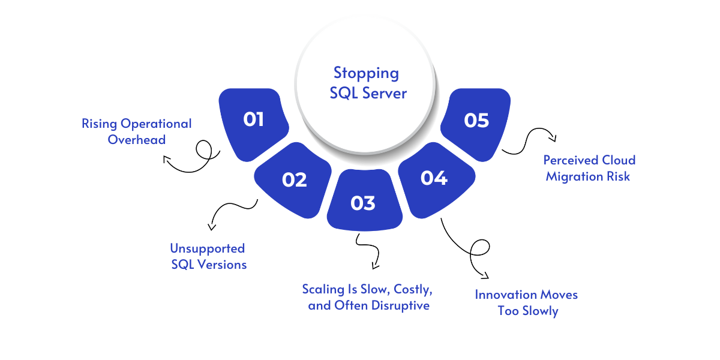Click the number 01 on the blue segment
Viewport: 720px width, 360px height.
coord(253,119)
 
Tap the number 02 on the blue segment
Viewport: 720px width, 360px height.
coord(294,179)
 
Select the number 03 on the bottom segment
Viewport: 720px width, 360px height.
coord(363,203)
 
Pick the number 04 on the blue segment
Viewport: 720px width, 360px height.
coord(434,178)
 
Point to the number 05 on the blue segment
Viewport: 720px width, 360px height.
coord(476,120)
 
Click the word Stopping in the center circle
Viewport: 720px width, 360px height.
coord(366,73)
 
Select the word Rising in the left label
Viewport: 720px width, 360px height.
coord(100,124)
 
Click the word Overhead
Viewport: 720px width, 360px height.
coord(137,139)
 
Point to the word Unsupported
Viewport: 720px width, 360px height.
coord(207,248)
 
